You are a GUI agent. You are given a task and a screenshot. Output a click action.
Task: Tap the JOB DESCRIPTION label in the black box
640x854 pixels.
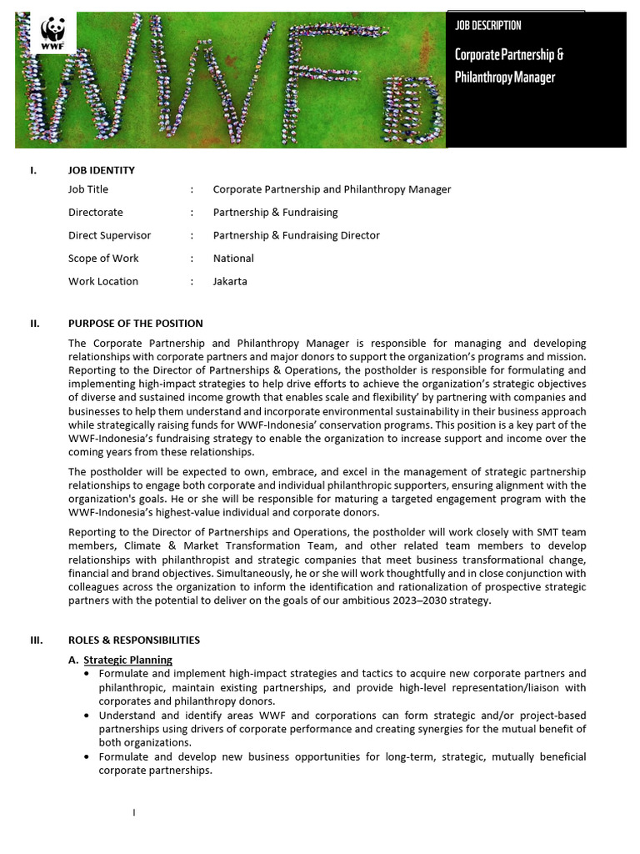(x=488, y=26)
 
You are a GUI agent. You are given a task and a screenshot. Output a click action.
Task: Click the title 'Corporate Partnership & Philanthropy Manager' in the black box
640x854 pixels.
(x=509, y=66)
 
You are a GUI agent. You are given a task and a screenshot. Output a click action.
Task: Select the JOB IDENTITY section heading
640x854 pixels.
(x=101, y=170)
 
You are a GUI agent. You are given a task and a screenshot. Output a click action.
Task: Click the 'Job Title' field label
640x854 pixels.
(x=88, y=189)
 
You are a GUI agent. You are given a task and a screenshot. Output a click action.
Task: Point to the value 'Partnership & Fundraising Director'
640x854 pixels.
(x=296, y=235)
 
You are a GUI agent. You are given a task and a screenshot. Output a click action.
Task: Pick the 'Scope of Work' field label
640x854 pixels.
(x=103, y=259)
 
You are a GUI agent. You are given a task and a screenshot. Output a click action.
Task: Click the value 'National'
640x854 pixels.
(x=233, y=259)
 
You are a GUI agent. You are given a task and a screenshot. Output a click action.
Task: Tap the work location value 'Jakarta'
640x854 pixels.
(x=230, y=281)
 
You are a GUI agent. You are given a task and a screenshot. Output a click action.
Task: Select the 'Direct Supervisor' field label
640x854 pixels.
(x=109, y=235)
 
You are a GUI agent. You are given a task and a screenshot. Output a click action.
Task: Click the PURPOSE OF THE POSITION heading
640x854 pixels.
(x=135, y=324)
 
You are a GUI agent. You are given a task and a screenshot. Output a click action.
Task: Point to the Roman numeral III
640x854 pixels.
(x=35, y=640)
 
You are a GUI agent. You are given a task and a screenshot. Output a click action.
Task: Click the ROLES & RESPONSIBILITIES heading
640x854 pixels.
(x=133, y=640)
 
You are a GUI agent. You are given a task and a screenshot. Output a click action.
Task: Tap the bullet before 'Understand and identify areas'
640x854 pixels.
(x=87, y=716)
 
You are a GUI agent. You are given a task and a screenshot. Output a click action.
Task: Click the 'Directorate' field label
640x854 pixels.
(x=95, y=213)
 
